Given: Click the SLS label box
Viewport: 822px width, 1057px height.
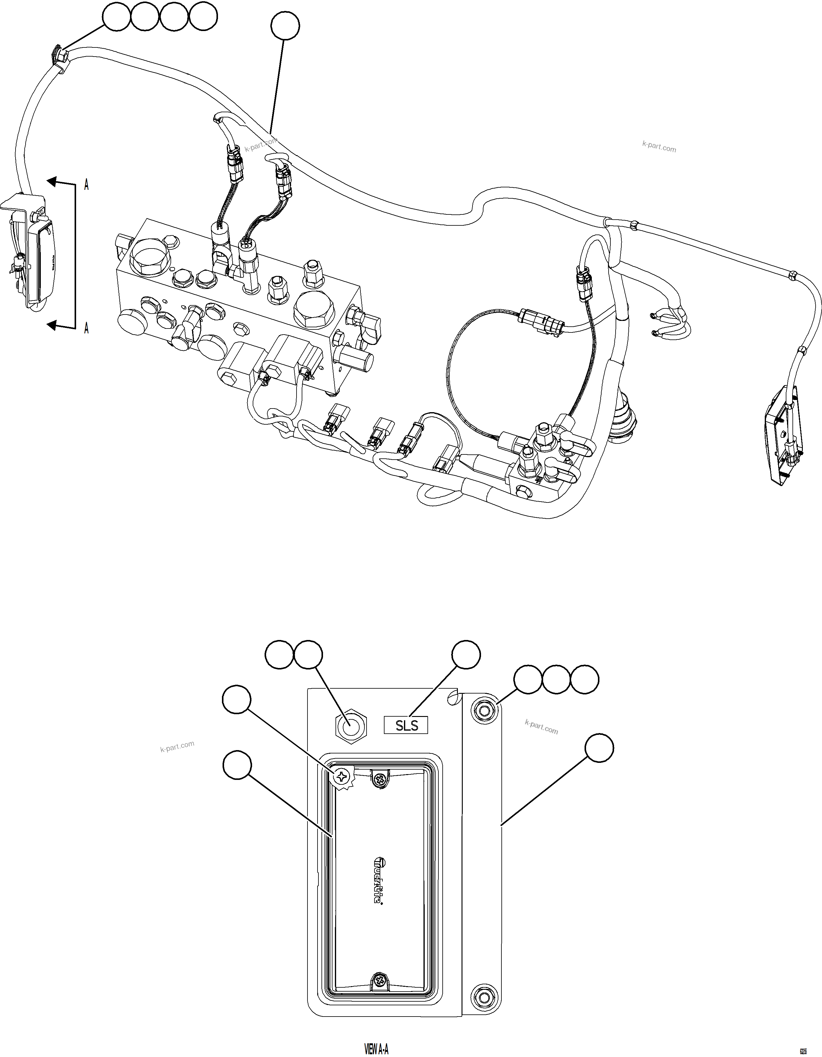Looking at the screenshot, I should coord(406,725).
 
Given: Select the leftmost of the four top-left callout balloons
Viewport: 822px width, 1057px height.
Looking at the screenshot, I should coord(116,17).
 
